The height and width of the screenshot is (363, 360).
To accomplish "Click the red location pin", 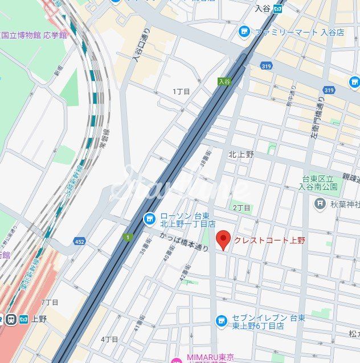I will (x=224, y=240).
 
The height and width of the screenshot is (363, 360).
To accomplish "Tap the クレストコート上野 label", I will (x=269, y=240).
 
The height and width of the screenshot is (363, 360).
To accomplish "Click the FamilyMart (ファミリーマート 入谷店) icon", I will (x=245, y=32).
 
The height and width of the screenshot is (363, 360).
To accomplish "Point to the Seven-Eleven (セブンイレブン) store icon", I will (x=222, y=321).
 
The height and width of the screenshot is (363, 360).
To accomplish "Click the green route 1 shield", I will (x=128, y=235).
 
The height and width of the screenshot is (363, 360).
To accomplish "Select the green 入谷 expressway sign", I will (x=224, y=82).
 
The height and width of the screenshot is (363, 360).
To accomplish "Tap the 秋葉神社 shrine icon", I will (x=321, y=203).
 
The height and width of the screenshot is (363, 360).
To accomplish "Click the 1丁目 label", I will (x=181, y=91).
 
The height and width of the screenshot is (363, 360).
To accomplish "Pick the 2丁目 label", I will (x=241, y=207).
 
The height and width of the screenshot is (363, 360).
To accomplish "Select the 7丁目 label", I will (x=50, y=301).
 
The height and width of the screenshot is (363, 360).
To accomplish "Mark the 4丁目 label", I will (x=110, y=339).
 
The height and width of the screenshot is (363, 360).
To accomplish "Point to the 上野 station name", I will (x=39, y=319).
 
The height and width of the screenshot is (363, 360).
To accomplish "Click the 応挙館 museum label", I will (x=55, y=35).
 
